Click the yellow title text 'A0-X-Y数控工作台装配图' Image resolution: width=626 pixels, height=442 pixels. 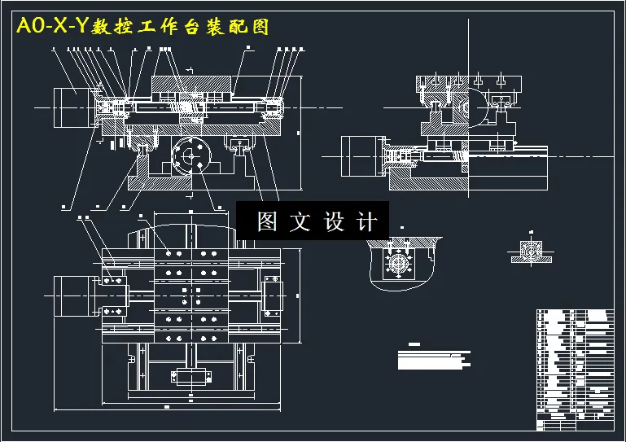(x=142, y=26)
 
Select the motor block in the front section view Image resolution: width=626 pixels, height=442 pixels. (x=72, y=105)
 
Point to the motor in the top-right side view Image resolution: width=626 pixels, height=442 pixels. (x=360, y=155)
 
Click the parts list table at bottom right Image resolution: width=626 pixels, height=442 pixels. (x=575, y=358)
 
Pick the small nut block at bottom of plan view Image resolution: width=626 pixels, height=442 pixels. (x=188, y=375)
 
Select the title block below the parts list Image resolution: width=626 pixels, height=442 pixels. (x=575, y=421)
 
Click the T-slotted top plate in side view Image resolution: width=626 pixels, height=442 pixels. (x=460, y=84)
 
